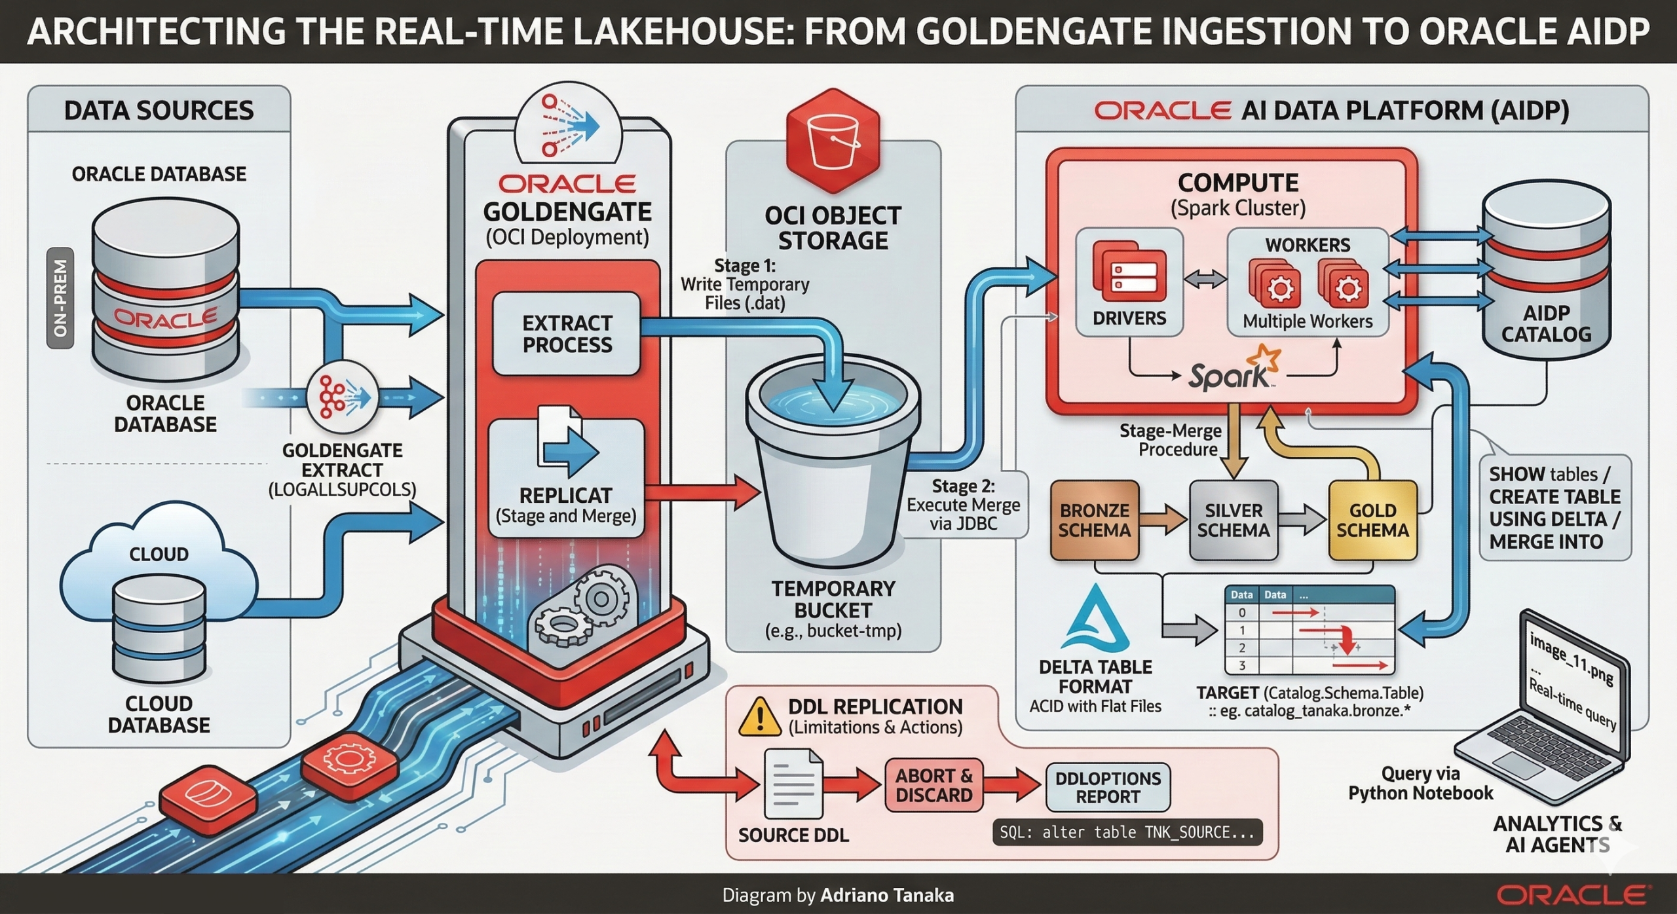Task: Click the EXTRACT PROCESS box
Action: [x=566, y=334]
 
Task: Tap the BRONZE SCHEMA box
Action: [x=1094, y=520]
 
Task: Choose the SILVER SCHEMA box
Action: [x=1233, y=520]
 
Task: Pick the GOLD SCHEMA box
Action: [x=1372, y=520]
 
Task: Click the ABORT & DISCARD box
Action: [x=933, y=785]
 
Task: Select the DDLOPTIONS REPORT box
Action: [x=1108, y=787]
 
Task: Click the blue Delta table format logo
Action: [x=1096, y=619]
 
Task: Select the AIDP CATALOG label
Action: [x=1546, y=323]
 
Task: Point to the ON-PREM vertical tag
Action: [x=60, y=298]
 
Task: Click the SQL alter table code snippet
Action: [x=1127, y=832]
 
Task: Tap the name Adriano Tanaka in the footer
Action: [x=887, y=895]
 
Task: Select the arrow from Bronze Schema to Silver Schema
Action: [x=1163, y=520]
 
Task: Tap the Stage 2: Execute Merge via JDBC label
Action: [x=963, y=504]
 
